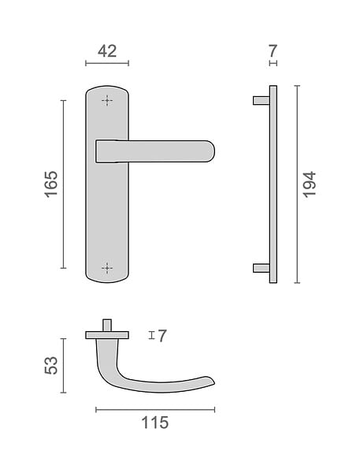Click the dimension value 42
(107, 51)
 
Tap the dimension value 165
(51, 184)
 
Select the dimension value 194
(309, 184)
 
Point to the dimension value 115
(155, 423)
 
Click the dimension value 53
(51, 365)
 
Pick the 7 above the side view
(273, 51)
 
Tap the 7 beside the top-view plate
(162, 336)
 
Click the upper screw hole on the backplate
(107, 100)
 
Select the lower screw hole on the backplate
(107, 268)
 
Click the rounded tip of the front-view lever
(213, 151)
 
